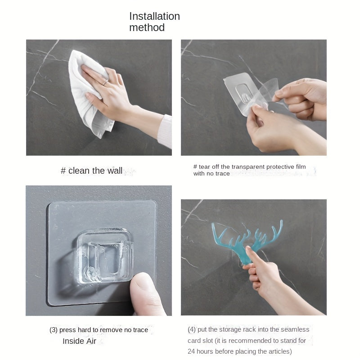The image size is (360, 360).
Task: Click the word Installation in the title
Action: click(x=154, y=16)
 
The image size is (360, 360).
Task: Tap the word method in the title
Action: click(x=147, y=27)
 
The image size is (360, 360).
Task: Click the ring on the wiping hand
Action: click(x=105, y=82)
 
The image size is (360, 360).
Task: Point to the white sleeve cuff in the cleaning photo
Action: click(x=165, y=131)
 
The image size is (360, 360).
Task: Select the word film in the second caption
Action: click(x=301, y=166)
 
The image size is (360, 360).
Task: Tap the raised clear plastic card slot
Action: click(x=104, y=256)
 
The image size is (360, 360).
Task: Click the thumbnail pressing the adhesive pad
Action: click(x=142, y=283)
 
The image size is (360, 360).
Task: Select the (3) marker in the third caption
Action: click(x=54, y=330)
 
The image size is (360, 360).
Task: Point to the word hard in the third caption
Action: click(x=84, y=330)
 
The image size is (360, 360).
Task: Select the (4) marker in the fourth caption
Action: click(x=192, y=329)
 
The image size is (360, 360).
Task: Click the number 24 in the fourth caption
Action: click(x=191, y=351)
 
